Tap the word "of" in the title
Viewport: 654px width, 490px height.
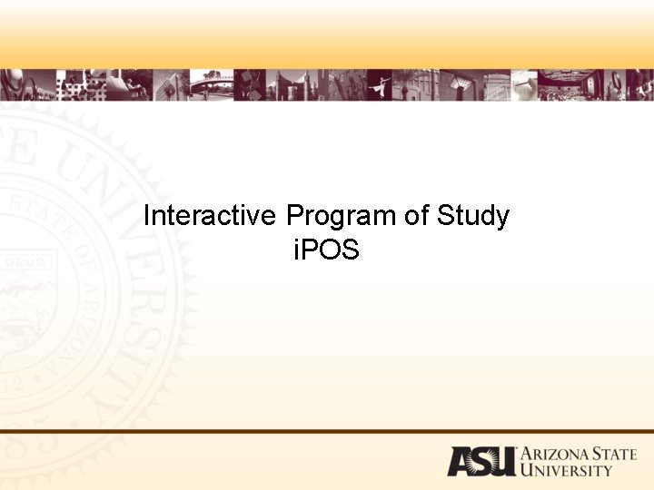(416, 217)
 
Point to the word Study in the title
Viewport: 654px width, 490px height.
(472, 217)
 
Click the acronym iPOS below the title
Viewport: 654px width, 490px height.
(326, 250)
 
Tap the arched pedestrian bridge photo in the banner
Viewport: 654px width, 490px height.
(211, 84)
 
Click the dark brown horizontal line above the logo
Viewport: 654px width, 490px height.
(327, 431)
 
